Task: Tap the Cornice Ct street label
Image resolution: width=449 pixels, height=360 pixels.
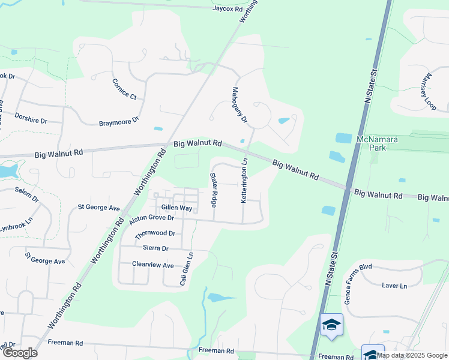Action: coord(125,89)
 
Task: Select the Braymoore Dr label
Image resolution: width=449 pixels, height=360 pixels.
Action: coord(119,122)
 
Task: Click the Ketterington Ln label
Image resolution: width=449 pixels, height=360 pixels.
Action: coord(244,180)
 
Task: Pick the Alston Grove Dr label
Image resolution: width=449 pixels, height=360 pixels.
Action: coord(151,220)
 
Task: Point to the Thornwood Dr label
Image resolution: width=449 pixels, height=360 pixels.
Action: coord(155,233)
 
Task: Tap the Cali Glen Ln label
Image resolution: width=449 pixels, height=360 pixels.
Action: coord(187,268)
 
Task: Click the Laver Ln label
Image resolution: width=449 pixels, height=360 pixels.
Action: coord(394,286)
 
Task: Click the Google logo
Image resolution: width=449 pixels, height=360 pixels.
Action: coord(19,352)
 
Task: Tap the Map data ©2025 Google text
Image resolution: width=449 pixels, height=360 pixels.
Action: coord(412,355)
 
